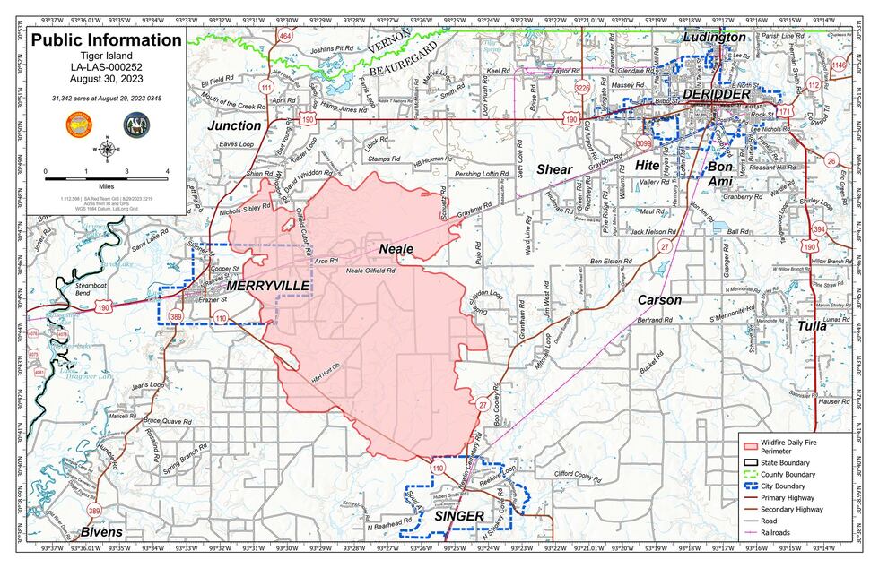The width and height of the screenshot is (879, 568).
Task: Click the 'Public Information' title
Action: pos(106,40)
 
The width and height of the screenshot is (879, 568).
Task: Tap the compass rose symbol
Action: pos(107,149)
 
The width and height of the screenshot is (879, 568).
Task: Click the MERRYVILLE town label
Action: pos(268,285)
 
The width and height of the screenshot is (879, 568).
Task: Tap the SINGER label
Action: pos(458,517)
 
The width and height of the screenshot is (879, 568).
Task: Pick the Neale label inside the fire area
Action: pos(396,246)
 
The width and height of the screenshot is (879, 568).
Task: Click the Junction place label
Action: pos(234,126)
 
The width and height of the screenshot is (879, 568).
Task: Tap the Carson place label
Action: pos(659,300)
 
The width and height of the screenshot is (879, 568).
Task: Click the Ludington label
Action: pos(714,38)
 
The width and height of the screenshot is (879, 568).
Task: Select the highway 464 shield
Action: pos(285,36)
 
